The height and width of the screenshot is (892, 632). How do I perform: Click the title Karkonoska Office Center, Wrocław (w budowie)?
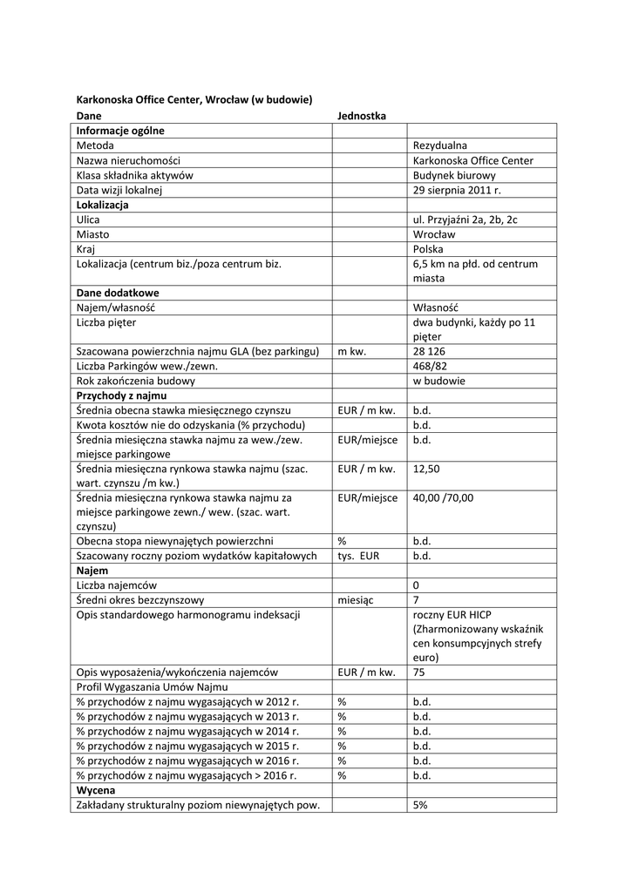pyautogui.click(x=194, y=99)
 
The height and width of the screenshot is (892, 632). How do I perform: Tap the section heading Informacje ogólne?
pyautogui.click(x=120, y=131)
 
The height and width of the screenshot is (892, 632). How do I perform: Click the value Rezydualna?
pyautogui.click(x=440, y=145)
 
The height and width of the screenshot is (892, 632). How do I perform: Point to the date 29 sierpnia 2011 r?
pyautogui.click(x=458, y=190)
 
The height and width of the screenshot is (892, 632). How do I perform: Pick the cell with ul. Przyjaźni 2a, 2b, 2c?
pyautogui.click(x=465, y=220)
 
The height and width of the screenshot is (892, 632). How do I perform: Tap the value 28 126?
pyautogui.click(x=430, y=351)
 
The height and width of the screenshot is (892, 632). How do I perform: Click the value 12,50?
pyautogui.click(x=426, y=469)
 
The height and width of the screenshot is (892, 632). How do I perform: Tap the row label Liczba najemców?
pyautogui.click(x=117, y=585)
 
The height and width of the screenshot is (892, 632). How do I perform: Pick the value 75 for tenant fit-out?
pyautogui.click(x=419, y=672)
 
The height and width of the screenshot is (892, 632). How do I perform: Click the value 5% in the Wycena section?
pyautogui.click(x=420, y=805)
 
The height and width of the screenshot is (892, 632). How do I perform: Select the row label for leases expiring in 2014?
pyautogui.click(x=187, y=732)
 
